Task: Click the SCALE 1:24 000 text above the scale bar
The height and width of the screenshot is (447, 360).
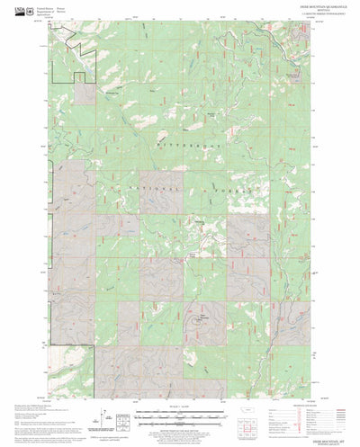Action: pyautogui.click(x=179, y=408)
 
